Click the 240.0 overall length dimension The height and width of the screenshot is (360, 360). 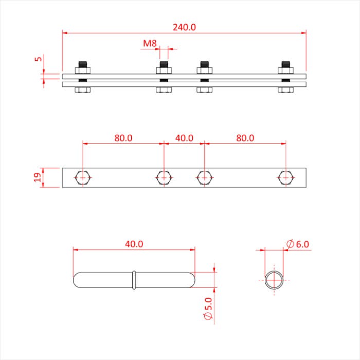184,27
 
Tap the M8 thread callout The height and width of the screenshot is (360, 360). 150,44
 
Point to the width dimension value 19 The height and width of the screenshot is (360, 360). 38,177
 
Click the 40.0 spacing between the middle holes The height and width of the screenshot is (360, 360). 184,138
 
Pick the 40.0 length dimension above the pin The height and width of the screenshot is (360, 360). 134,244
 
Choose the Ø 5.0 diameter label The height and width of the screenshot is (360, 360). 208,307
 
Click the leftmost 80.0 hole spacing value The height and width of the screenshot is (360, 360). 123,138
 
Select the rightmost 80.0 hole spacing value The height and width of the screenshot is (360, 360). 245,138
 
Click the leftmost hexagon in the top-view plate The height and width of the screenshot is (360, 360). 82,177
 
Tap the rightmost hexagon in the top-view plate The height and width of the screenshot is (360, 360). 285,177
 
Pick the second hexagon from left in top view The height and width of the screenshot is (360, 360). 164,177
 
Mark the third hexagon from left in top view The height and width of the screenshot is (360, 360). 204,177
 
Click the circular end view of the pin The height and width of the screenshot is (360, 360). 274,280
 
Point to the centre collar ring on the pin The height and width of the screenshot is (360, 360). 134,280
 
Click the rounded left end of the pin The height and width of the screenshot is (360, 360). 79,280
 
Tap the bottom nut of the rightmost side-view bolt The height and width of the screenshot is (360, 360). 285,90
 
